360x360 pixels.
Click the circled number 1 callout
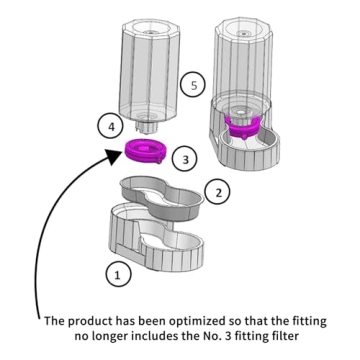pyautogui.click(x=117, y=274)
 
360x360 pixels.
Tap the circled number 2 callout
pyautogui.click(x=218, y=192)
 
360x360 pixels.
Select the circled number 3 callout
pyautogui.click(x=185, y=159)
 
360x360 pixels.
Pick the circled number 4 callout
pyautogui.click(x=111, y=127)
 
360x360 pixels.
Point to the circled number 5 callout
pyautogui.click(x=193, y=85)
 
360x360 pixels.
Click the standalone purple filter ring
pyautogui.click(x=145, y=152)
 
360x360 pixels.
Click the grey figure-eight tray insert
pyautogui.click(x=162, y=198)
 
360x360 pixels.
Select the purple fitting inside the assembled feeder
pyautogui.click(x=243, y=126)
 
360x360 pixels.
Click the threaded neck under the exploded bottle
pyautogui.click(x=148, y=125)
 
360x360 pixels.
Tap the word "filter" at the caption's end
pyautogui.click(x=282, y=336)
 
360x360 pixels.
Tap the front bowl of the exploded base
pyautogui.click(x=173, y=252)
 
